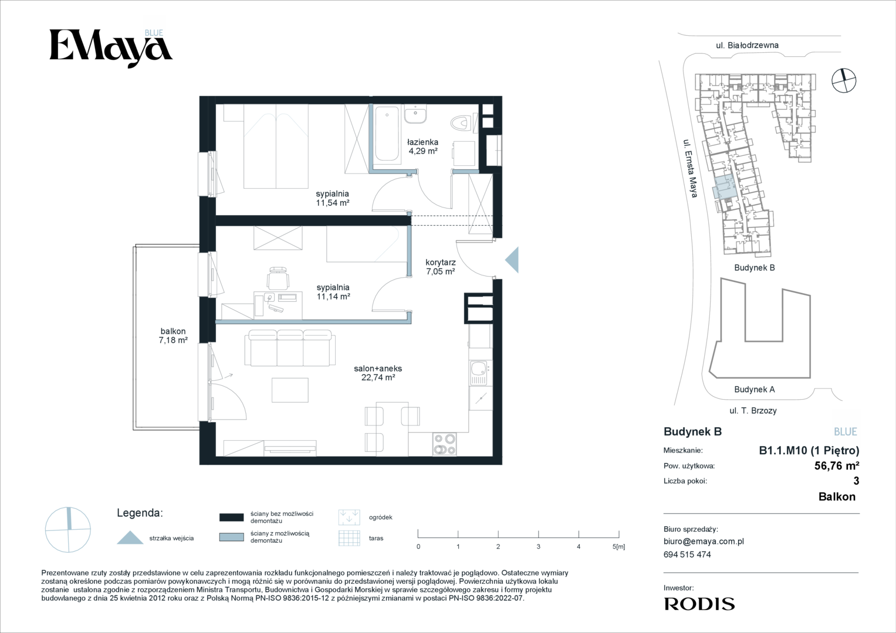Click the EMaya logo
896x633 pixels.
111,48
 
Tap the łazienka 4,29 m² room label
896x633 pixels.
423,147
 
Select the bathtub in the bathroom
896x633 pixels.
387,134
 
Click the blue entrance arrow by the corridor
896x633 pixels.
512,260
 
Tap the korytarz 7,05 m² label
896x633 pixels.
441,267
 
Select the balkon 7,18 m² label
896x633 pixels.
173,336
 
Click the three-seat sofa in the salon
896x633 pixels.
290,348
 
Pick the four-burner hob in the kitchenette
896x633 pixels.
444,444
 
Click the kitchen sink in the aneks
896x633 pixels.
479,373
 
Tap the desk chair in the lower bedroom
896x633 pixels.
278,278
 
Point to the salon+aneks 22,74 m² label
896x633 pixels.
378,373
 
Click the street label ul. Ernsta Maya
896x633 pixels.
691,168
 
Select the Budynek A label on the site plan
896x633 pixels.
755,389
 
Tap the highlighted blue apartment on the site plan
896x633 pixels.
725,188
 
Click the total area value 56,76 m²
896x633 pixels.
837,465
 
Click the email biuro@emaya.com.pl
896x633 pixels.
704,542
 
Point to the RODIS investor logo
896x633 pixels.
699,604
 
